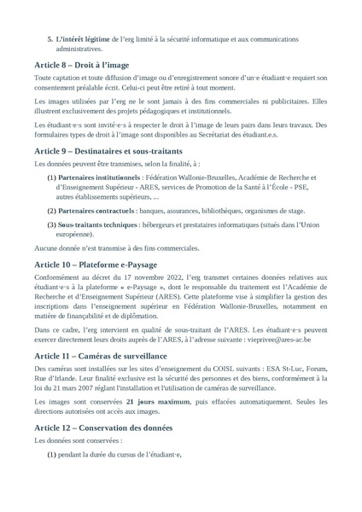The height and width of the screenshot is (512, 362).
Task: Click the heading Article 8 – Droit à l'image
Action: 84,65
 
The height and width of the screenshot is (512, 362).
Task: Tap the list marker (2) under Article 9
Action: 52,208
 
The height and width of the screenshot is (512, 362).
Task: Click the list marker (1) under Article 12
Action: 52,455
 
